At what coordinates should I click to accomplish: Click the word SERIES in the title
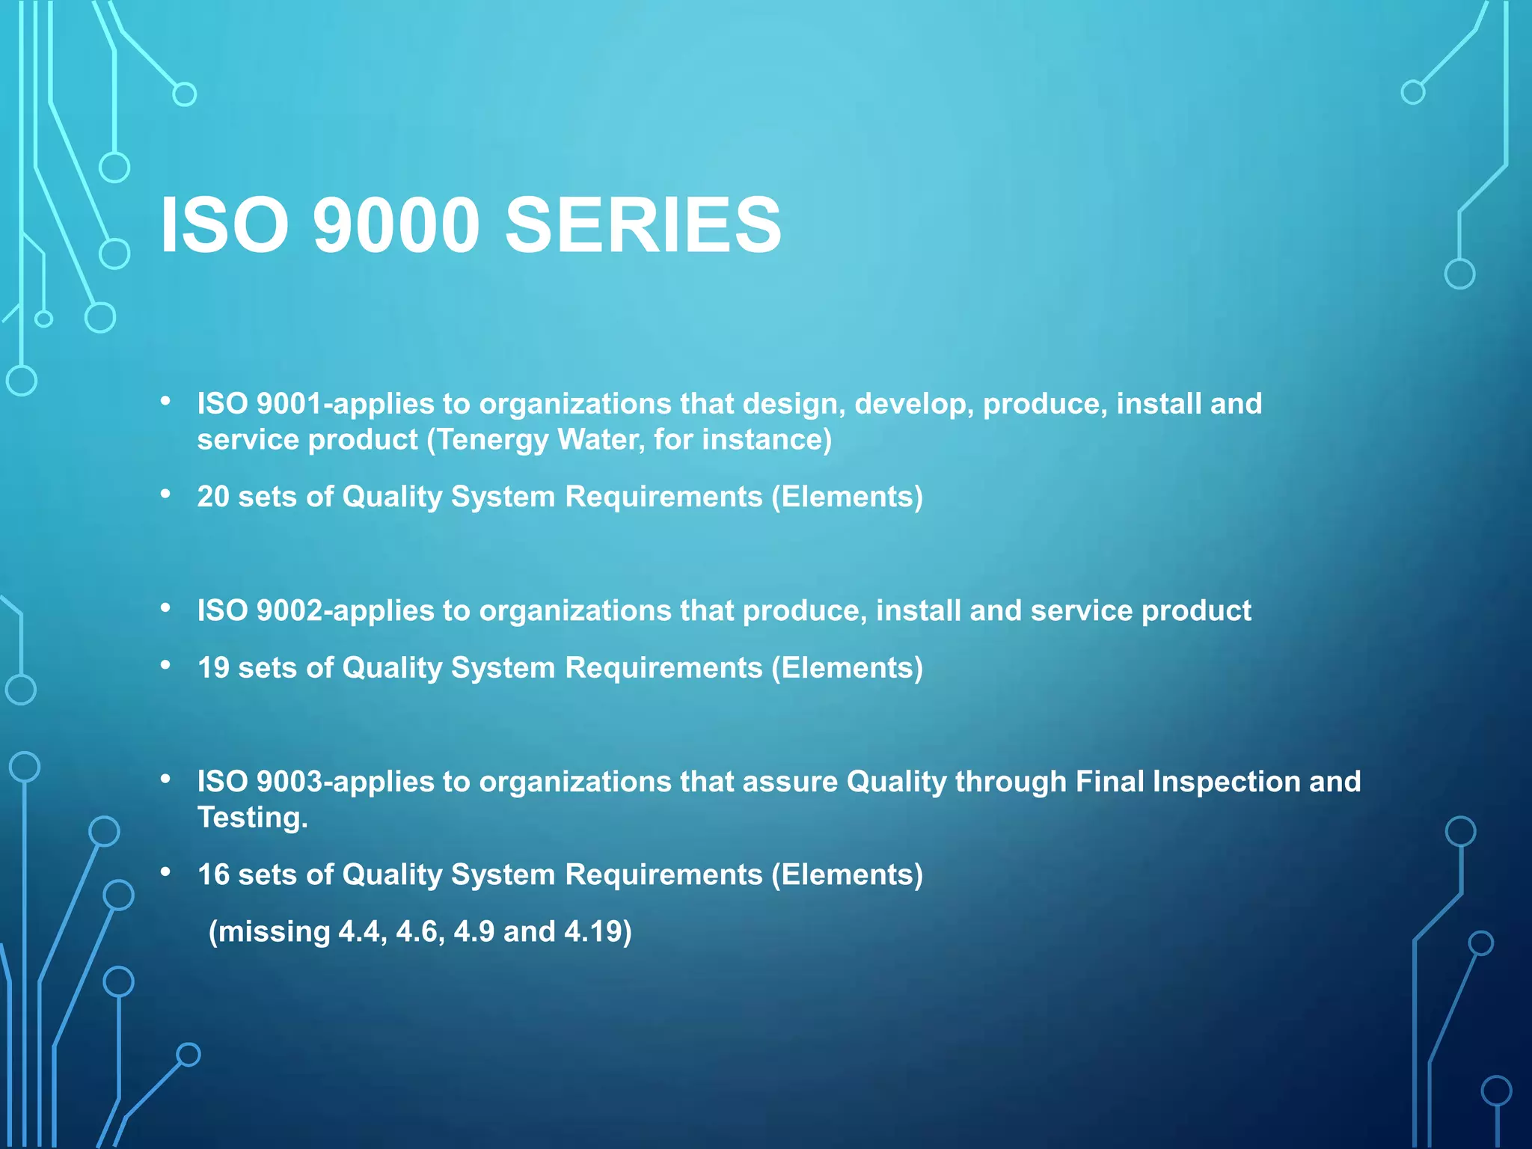point(643,224)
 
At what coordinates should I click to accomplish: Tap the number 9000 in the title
point(396,224)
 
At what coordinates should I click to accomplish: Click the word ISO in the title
point(224,224)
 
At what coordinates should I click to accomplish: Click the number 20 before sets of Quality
point(213,497)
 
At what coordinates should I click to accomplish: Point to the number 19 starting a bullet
point(213,668)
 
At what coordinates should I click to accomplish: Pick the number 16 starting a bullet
point(213,874)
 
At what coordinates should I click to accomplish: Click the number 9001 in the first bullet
point(289,404)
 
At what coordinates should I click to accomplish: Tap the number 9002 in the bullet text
point(289,611)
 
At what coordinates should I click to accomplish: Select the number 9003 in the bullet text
point(289,782)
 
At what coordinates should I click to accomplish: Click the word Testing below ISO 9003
point(252,818)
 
